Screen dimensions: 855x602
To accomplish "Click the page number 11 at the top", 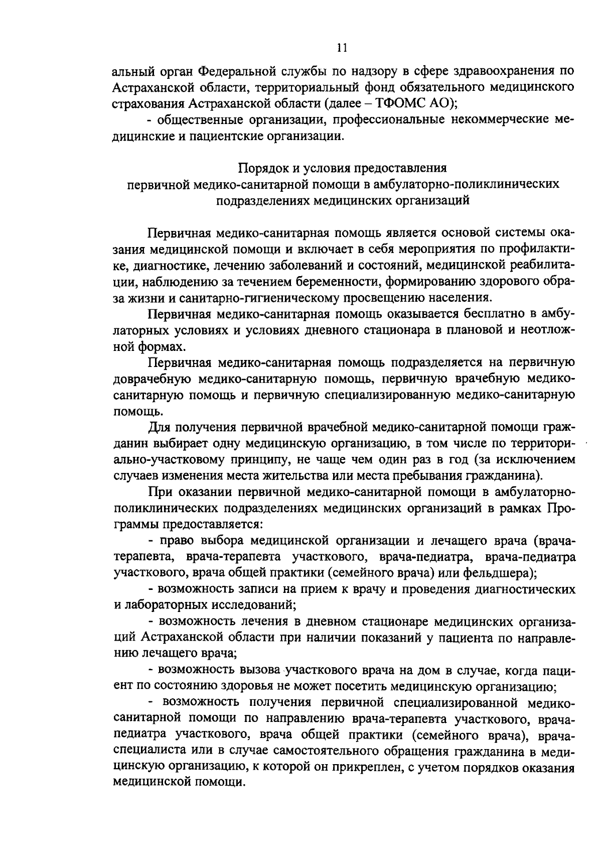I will pyautogui.click(x=341, y=48).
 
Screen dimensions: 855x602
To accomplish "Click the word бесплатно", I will pyautogui.click(x=506, y=314).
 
